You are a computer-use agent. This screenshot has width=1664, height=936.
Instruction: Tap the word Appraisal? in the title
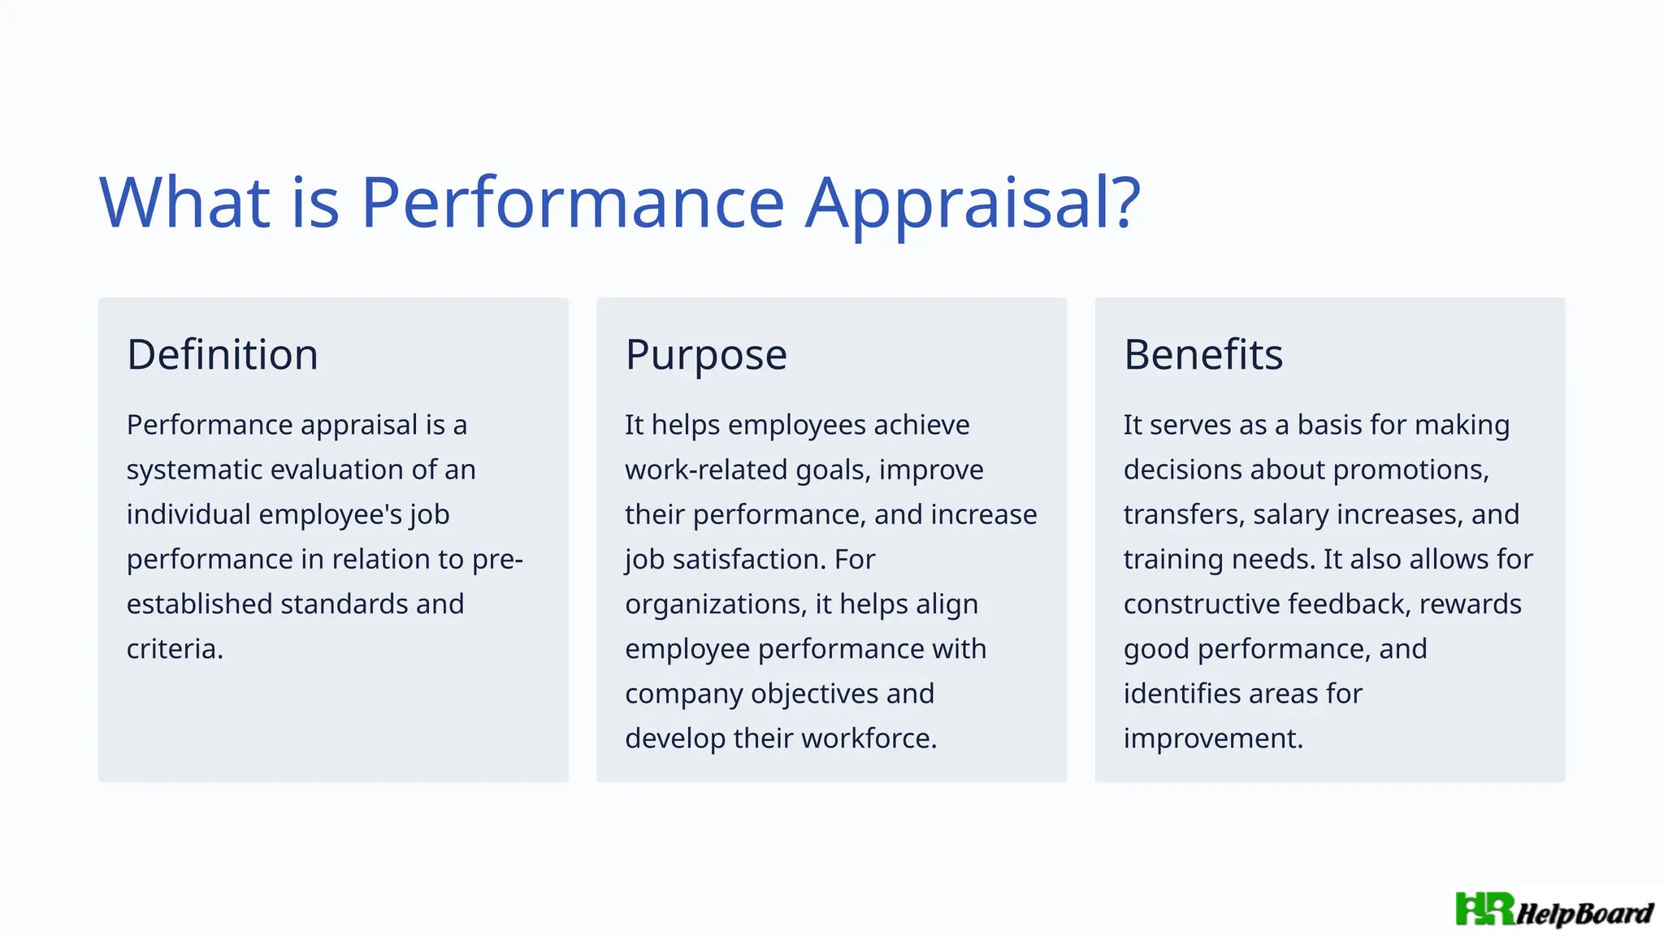pos(973,203)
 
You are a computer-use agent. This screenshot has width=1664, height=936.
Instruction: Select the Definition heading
pos(223,354)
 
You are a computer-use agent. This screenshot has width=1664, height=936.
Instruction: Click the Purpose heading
pos(706,354)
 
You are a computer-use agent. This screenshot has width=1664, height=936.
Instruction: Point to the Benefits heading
pos(1203,354)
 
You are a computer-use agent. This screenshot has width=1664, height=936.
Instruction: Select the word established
pos(200,604)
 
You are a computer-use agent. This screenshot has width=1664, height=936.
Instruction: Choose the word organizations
pos(716,604)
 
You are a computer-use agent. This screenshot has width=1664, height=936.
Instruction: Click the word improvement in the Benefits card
pos(1213,738)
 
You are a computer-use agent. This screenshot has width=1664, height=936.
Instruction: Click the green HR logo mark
pos(1484,909)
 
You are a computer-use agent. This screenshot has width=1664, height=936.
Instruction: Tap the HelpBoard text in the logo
pos(1584,913)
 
